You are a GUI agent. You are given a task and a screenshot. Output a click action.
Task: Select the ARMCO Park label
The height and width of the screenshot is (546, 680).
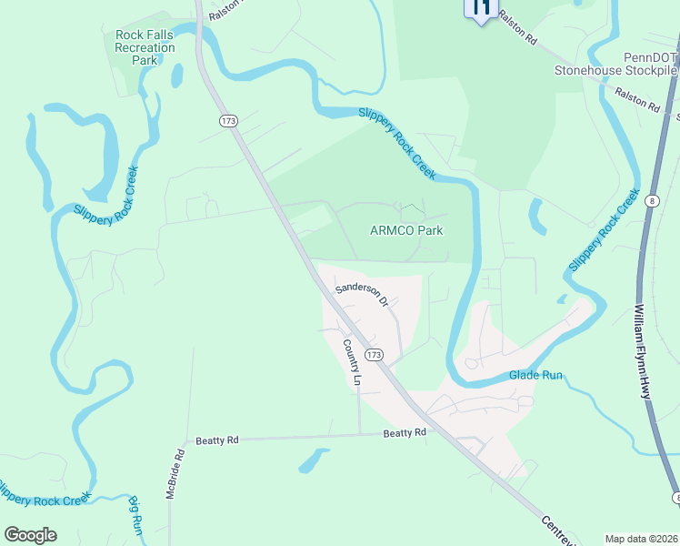point(406,230)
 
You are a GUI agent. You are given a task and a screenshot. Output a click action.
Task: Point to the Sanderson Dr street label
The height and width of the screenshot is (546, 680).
point(362,295)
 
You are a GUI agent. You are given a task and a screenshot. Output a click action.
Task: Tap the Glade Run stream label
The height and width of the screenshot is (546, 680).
point(535,374)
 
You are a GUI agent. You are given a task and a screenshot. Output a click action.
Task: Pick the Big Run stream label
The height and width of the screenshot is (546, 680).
point(136,515)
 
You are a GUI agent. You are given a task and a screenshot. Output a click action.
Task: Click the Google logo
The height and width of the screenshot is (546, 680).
point(30,535)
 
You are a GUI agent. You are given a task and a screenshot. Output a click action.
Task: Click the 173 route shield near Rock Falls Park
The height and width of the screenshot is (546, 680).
point(228,120)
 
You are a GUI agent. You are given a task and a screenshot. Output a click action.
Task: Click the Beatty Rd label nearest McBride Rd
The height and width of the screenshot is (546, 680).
point(217,440)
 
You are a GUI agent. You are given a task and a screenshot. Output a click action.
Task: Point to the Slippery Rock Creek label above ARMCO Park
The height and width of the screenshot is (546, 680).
point(397,142)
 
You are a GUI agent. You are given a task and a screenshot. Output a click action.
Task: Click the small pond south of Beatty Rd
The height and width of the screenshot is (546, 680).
point(313,460)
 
